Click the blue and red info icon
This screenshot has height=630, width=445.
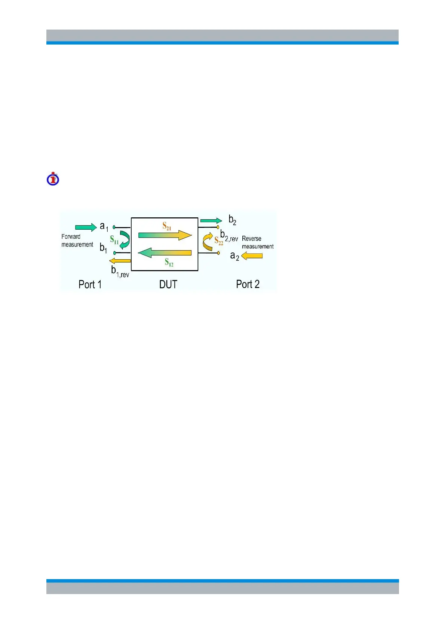pos(53,179)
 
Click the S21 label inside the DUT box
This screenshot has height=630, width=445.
pos(167,226)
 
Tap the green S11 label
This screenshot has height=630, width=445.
pos(114,240)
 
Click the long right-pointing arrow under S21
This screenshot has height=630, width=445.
pos(165,235)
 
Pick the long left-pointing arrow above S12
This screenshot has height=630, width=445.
pos(165,253)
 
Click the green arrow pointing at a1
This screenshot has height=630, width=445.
pos(86,227)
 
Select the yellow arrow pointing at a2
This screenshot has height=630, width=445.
pos(252,256)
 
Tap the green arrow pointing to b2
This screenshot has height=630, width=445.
pos(211,221)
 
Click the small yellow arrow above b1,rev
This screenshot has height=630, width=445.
pos(120,261)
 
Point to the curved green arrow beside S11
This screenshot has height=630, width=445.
pos(125,239)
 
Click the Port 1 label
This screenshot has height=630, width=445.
pos(90,284)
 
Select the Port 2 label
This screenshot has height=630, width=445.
pos(248,284)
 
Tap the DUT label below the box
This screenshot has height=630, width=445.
pos(168,284)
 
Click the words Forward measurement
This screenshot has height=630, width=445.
pos(77,241)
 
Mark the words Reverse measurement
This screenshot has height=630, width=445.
pos(258,242)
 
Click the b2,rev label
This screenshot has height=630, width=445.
pos(229,236)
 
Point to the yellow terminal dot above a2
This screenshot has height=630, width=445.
pos(218,253)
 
